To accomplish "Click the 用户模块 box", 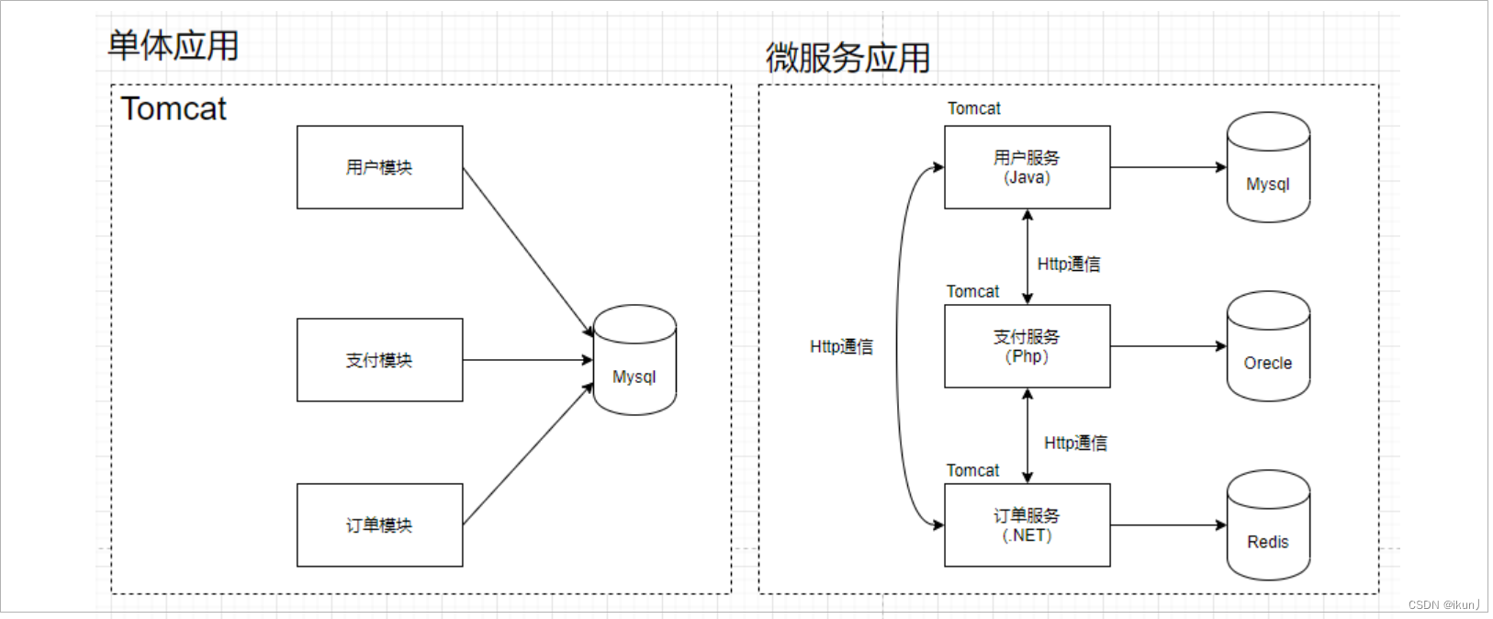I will coord(379,167).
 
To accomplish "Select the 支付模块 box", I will coord(379,360).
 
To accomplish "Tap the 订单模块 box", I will coord(379,525).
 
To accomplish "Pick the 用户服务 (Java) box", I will coord(1027,167).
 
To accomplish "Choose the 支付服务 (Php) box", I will coord(1027,346).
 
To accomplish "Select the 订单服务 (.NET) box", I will coord(1027,525).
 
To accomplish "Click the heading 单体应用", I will coord(173,45).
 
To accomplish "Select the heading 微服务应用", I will coord(848,58).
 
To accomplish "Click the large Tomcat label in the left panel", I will coord(174,108).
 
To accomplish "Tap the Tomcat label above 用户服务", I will coord(974,108).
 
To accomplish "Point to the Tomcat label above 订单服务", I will coord(972,470).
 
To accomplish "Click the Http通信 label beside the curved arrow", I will coord(841,346).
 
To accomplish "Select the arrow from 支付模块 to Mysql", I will coord(527,360).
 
